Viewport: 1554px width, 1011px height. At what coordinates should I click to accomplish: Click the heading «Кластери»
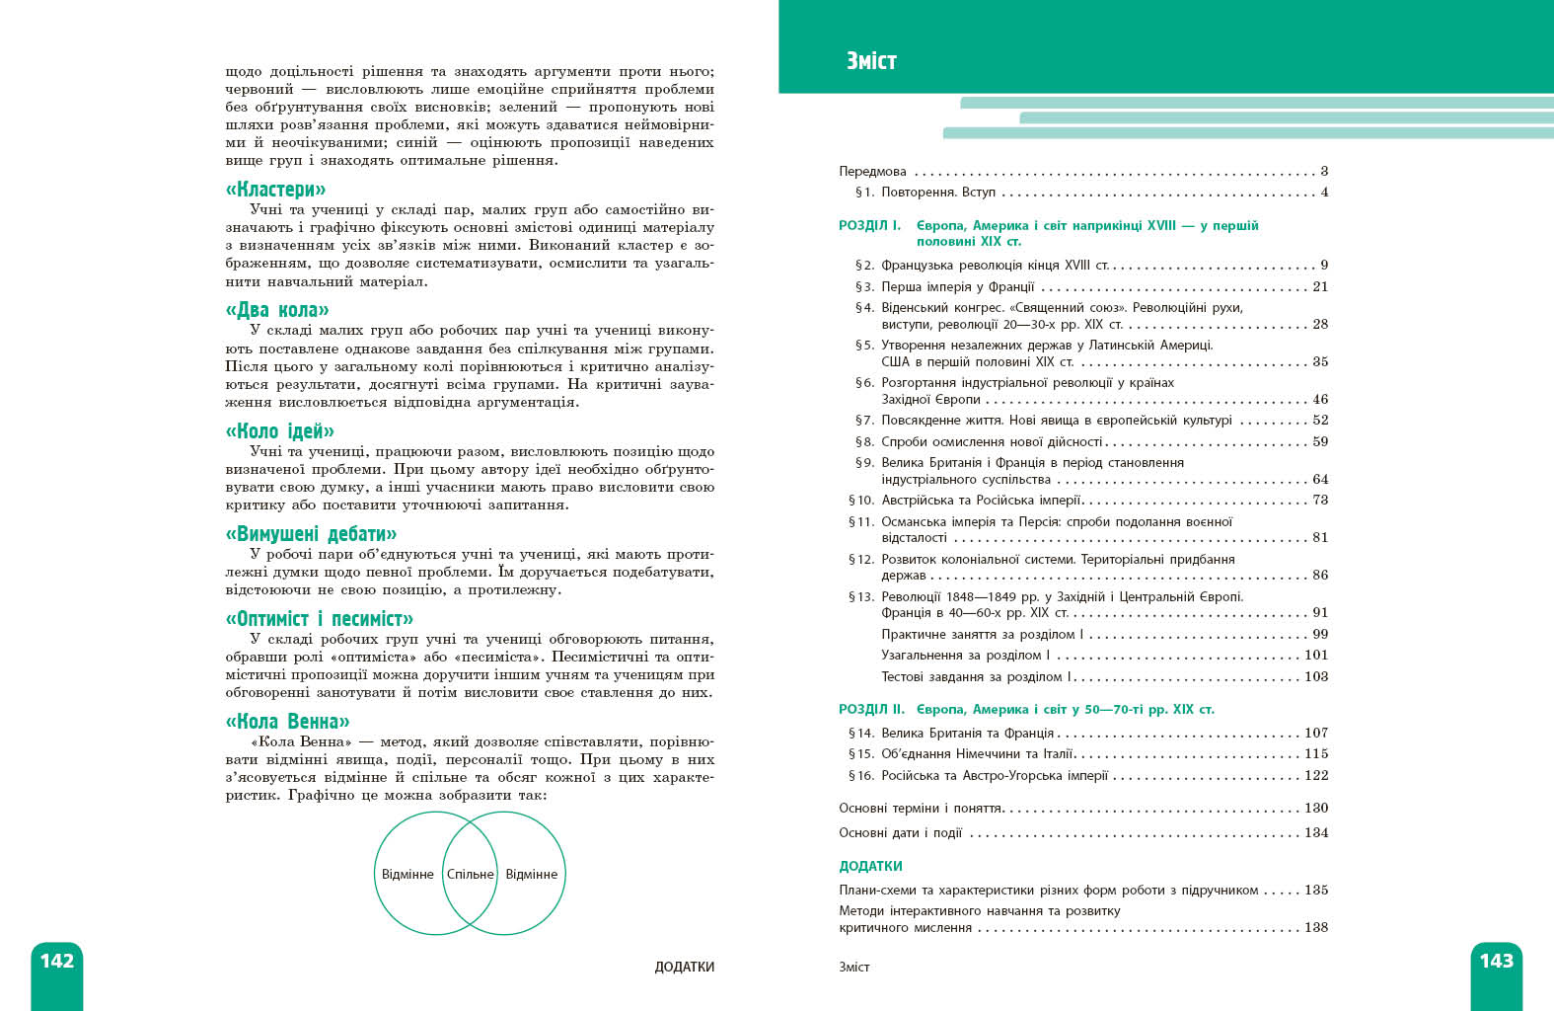pos(275,189)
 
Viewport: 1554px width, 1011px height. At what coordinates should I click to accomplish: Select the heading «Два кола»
pos(277,310)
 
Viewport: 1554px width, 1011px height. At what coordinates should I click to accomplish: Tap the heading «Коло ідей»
pos(279,430)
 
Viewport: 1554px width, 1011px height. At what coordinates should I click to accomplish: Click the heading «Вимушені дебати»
pos(311,534)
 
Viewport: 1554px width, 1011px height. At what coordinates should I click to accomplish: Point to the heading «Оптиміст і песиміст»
pos(319,619)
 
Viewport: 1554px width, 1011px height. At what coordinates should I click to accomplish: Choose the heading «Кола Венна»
pos(287,721)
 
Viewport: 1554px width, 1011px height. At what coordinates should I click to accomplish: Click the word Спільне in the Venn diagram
pos(471,874)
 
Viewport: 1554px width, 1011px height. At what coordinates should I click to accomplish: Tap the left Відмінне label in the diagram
pos(407,874)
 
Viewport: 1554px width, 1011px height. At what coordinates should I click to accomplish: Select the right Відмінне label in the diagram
pos(531,874)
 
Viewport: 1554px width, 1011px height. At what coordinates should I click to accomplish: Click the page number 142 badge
pos(57,961)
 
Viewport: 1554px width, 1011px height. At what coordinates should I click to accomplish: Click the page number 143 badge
pos(1496,961)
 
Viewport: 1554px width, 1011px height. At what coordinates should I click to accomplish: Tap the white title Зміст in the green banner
pos(871,61)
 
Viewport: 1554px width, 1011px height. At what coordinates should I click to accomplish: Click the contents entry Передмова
pos(872,171)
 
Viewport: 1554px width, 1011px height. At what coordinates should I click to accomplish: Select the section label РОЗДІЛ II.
pos(871,709)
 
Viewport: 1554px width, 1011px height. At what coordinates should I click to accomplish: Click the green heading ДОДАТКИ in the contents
pos(870,866)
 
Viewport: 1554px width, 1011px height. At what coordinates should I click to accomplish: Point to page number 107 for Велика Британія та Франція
pos(1316,733)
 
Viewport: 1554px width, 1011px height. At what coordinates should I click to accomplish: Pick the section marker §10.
pos(861,500)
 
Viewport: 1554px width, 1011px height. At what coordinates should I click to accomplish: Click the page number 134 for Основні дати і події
pos(1316,832)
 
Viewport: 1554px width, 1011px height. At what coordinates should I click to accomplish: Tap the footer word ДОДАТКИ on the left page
pos(684,967)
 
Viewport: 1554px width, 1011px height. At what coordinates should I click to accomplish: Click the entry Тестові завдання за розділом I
pos(974,676)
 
